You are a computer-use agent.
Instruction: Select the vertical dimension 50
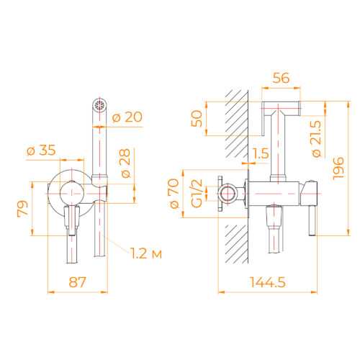tap(196, 118)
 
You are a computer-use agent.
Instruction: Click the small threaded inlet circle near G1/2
tap(229, 194)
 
